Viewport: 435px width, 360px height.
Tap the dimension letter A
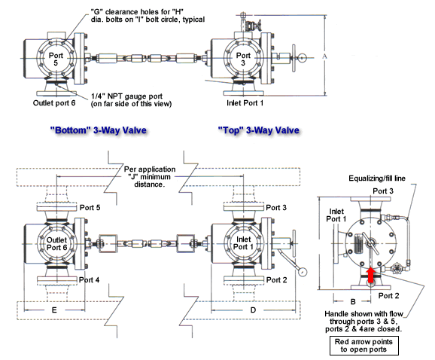[x=325, y=56]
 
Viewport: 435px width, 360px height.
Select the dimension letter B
[x=353, y=301]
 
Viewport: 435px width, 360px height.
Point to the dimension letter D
[x=253, y=310]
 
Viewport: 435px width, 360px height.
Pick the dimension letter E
[x=54, y=310]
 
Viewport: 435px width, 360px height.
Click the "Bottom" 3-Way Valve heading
[x=98, y=130]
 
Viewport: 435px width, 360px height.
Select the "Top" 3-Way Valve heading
[x=259, y=130]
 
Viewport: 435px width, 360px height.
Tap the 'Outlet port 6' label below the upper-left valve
[x=54, y=103]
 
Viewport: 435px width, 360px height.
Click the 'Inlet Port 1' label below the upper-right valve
[x=245, y=103]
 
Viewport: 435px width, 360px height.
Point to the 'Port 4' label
[x=89, y=279]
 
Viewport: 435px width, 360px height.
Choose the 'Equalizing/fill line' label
[x=377, y=178]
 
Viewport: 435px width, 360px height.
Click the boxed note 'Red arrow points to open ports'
[x=364, y=346]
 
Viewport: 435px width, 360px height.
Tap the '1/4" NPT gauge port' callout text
[x=131, y=100]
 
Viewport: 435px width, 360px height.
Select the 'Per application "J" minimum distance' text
[x=150, y=177]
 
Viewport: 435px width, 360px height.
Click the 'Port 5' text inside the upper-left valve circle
[x=56, y=59]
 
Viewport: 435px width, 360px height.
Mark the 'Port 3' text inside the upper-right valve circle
[x=243, y=59]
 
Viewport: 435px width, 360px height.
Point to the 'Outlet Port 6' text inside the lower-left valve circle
[x=56, y=244]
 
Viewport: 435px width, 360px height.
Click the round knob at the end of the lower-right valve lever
[x=303, y=271]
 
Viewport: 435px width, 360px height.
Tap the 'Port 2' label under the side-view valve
[x=388, y=296]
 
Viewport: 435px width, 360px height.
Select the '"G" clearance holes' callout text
[x=148, y=16]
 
